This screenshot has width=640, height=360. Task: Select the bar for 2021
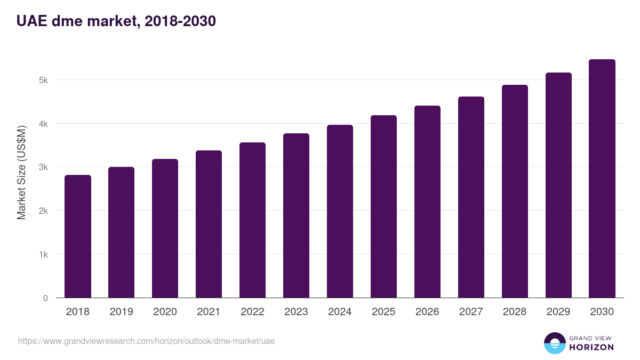[209, 224]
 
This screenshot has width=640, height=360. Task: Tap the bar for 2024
[340, 211]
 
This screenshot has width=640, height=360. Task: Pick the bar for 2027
[471, 197]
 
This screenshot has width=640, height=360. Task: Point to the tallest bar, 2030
[602, 179]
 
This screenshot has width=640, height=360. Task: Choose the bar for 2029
[558, 185]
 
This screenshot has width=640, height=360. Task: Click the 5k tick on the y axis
[43, 80]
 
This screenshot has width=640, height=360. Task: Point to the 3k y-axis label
[43, 167]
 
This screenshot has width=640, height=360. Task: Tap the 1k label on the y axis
[43, 254]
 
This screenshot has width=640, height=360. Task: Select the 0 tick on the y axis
[45, 298]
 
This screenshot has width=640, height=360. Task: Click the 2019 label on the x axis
[122, 312]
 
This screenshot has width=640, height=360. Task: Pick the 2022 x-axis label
[252, 312]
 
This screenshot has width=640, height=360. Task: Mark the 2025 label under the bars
[383, 312]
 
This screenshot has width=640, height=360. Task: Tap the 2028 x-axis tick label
[515, 312]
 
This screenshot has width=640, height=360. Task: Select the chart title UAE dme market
[116, 21]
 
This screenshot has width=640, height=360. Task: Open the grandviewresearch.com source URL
[146, 341]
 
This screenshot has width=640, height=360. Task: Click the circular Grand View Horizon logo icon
[554, 343]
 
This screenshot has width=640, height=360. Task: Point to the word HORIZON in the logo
[591, 347]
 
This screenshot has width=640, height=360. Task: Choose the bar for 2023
[296, 215]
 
